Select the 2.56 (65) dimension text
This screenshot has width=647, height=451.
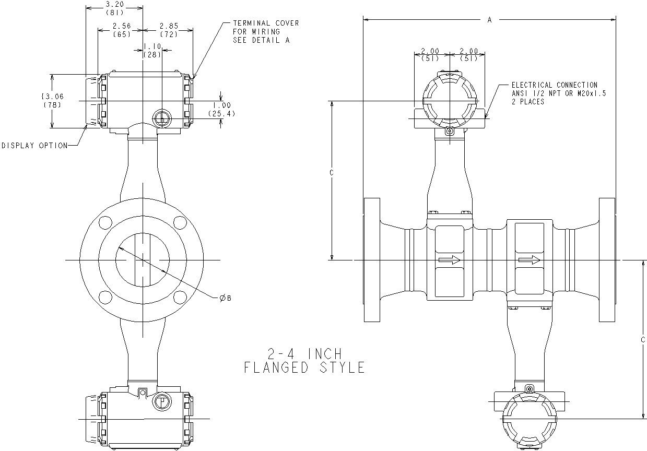(x=121, y=30)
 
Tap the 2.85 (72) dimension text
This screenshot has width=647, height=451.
(x=169, y=30)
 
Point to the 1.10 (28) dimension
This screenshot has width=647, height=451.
(x=152, y=50)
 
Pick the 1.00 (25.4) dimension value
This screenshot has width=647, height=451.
(x=221, y=109)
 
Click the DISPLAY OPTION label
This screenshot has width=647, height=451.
(x=34, y=146)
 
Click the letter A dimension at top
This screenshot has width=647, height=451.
(x=489, y=20)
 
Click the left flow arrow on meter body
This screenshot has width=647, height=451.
(x=449, y=259)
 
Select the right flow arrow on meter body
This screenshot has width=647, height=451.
(x=529, y=259)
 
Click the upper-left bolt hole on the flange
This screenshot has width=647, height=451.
(x=104, y=222)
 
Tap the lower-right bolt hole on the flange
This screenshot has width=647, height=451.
(x=180, y=298)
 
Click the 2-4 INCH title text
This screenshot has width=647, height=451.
(x=304, y=353)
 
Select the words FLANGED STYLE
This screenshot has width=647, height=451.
(x=304, y=368)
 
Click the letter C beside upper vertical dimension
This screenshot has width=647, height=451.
(x=332, y=172)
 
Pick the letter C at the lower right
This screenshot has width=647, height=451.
(x=643, y=340)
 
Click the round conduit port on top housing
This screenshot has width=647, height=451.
(x=162, y=118)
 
